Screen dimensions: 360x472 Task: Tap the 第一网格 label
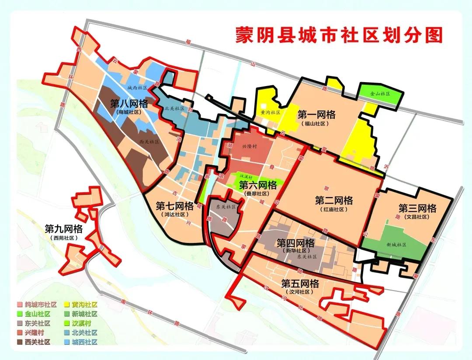[316, 115]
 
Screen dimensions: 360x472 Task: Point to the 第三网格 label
[417, 208]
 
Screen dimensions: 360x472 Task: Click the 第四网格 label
[295, 243]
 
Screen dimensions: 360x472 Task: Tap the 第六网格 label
[258, 185]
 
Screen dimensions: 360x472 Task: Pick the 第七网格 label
[174, 206]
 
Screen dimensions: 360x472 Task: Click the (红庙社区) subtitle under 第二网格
[333, 210]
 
